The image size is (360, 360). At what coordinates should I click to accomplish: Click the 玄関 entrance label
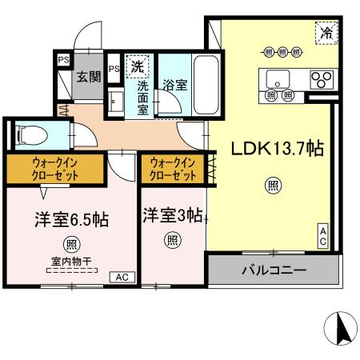tap(86, 77)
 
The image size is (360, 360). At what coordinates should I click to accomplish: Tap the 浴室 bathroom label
tap(176, 84)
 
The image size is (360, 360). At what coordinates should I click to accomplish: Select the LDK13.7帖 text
tap(277, 149)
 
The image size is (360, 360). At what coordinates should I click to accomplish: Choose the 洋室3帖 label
tap(172, 214)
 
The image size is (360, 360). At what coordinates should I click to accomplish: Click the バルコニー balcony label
tap(274, 271)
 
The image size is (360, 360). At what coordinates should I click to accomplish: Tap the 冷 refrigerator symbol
tap(326, 33)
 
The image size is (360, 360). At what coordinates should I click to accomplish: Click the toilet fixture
tap(33, 133)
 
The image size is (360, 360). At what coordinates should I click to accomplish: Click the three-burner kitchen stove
tap(321, 79)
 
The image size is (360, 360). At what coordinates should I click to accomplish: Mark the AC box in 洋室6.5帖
tap(122, 276)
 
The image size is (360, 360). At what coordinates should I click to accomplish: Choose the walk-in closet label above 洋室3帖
tap(172, 168)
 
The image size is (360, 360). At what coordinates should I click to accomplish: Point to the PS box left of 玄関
tap(62, 58)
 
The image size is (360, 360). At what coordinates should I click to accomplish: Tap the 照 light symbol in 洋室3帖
tap(172, 238)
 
